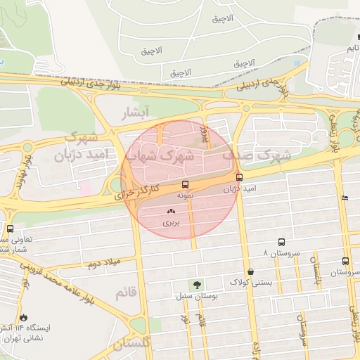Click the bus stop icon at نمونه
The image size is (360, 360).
(x=185, y=185)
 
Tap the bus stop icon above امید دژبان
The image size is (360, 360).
(x=239, y=178)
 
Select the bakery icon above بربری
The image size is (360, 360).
(x=172, y=211)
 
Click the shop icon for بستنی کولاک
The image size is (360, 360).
(x=250, y=271)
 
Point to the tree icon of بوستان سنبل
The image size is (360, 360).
(x=195, y=285)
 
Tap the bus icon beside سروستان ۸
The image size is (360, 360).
(x=281, y=241)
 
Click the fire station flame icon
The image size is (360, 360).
(x=25, y=318)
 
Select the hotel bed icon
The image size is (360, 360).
(x=344, y=198)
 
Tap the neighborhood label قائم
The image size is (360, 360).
(x=125, y=291)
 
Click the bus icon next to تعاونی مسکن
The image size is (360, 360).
(x=10, y=229)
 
